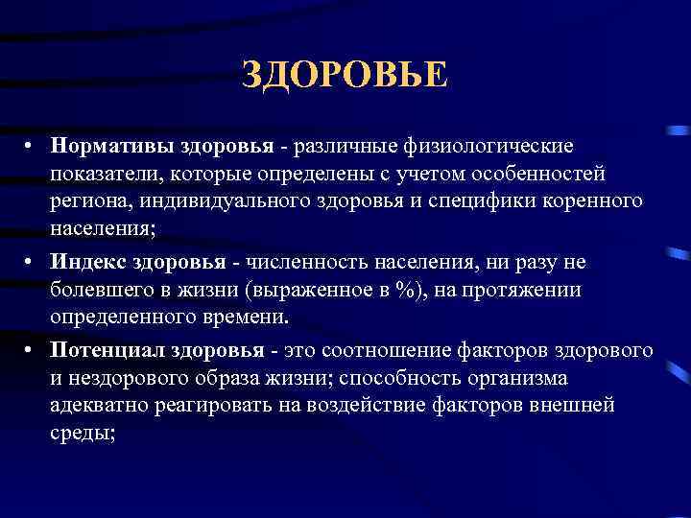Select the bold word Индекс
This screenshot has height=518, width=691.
[x=92, y=262]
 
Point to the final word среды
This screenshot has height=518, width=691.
[x=81, y=433]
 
